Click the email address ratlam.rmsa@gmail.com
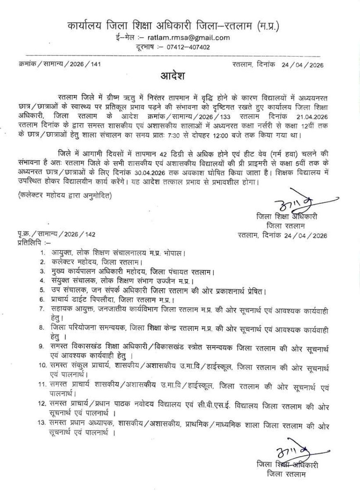pos(188,38)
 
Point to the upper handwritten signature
pos(290,205)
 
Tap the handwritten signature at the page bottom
pos(290,454)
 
